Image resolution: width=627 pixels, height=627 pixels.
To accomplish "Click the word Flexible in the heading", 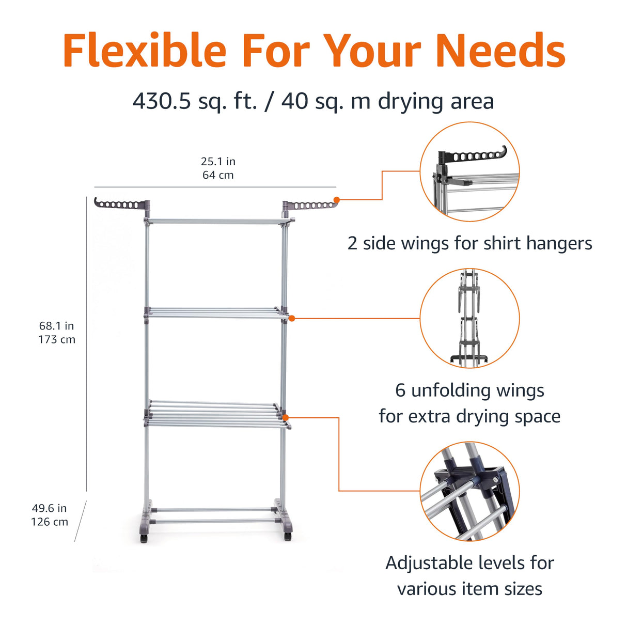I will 145,51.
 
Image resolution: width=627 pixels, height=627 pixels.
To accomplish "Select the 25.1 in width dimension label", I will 218,162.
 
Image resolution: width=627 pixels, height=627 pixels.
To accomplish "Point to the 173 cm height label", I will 57,340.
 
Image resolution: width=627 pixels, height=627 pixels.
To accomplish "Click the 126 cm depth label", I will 50,522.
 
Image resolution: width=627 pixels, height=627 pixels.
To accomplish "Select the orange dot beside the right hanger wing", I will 337,199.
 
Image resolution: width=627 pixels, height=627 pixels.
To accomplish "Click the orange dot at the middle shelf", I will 292,318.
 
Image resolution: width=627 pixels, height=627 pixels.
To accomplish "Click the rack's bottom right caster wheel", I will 287,537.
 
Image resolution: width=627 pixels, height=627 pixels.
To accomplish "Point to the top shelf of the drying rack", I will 217,221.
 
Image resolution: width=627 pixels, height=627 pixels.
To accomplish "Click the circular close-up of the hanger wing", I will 469,172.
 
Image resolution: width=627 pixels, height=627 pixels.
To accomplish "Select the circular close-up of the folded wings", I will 469,318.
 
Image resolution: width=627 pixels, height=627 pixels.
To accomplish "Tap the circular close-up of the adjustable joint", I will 469,491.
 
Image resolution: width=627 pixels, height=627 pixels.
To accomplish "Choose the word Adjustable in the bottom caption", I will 430,563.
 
